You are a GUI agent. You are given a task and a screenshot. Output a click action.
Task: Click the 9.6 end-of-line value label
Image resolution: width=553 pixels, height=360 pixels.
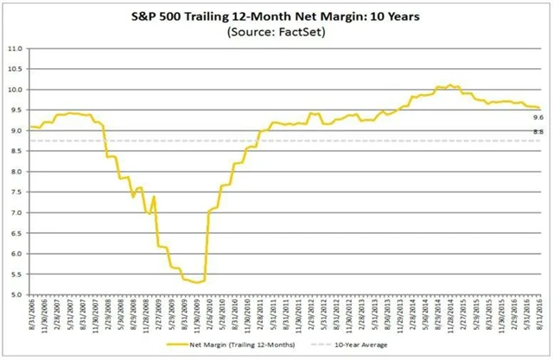pyautogui.click(x=537, y=117)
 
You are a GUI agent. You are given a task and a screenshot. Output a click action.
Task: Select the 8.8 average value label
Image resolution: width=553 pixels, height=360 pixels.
pyautogui.click(x=537, y=131)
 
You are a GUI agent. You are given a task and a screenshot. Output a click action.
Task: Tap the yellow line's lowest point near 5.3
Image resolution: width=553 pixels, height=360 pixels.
pyautogui.click(x=198, y=282)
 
